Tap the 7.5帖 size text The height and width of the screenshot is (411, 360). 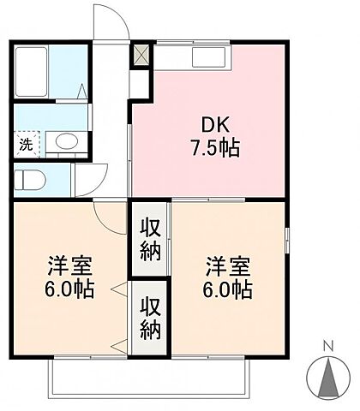point(215,146)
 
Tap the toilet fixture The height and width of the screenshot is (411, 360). point(31,180)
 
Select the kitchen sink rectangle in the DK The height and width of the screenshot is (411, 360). point(210,57)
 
